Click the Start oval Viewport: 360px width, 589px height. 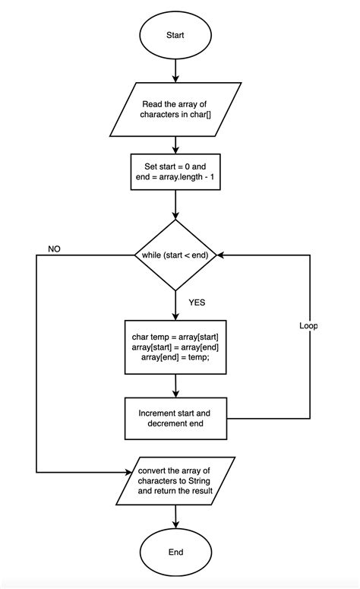click(x=175, y=35)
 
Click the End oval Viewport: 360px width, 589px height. click(x=175, y=552)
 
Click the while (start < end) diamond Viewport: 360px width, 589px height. click(x=175, y=255)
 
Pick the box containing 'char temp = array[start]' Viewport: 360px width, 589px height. click(x=175, y=347)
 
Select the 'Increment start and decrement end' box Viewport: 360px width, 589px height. click(x=175, y=418)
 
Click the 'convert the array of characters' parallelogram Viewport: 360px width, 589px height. click(x=175, y=480)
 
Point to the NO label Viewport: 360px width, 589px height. click(x=55, y=249)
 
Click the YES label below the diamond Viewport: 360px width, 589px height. click(x=197, y=302)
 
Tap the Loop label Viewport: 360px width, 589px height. click(x=308, y=325)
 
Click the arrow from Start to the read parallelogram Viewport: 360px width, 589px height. click(x=175, y=70)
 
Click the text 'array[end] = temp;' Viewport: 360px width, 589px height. click(x=175, y=359)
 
